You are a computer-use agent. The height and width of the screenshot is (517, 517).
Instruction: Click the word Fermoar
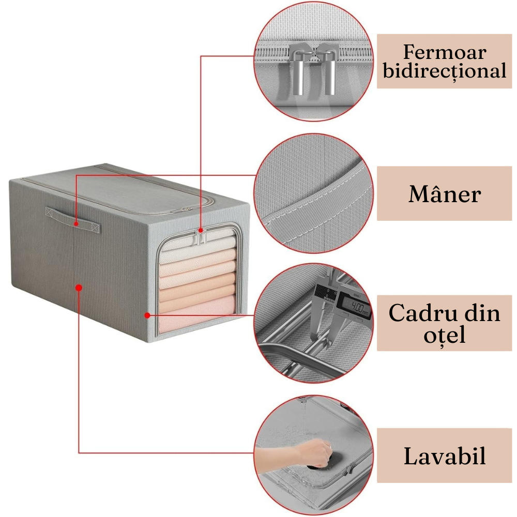coord(444,52)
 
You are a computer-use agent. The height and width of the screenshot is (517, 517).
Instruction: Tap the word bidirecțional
coord(444,71)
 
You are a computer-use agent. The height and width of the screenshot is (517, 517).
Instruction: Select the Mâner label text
coord(444,194)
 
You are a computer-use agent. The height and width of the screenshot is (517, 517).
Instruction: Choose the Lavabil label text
coord(444,457)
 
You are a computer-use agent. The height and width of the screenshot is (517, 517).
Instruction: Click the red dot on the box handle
coord(76,224)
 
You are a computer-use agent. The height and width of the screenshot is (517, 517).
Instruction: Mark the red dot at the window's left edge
coord(147,315)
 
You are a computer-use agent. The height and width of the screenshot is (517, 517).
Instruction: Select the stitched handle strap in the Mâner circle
coord(315,207)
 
